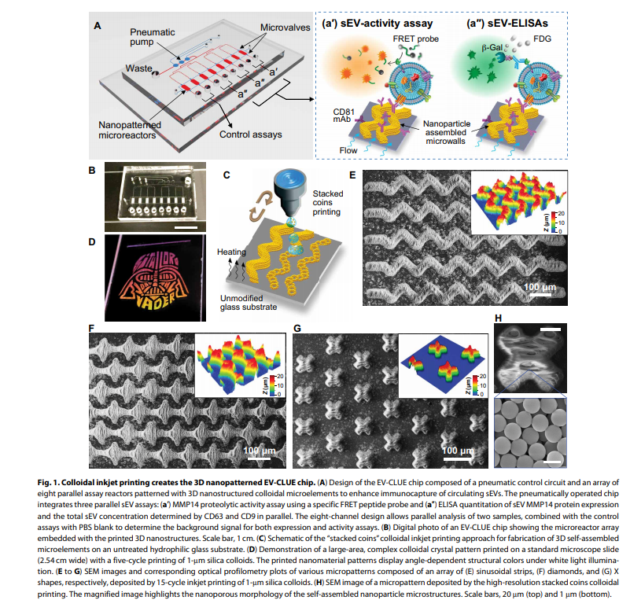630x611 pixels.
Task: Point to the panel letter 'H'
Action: point(496,318)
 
